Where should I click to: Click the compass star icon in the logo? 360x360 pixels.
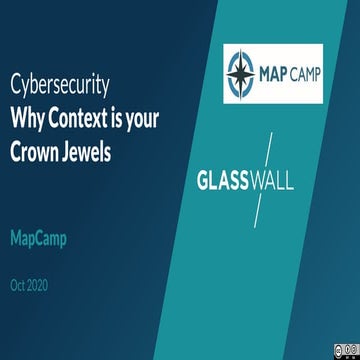pos(243,72)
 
